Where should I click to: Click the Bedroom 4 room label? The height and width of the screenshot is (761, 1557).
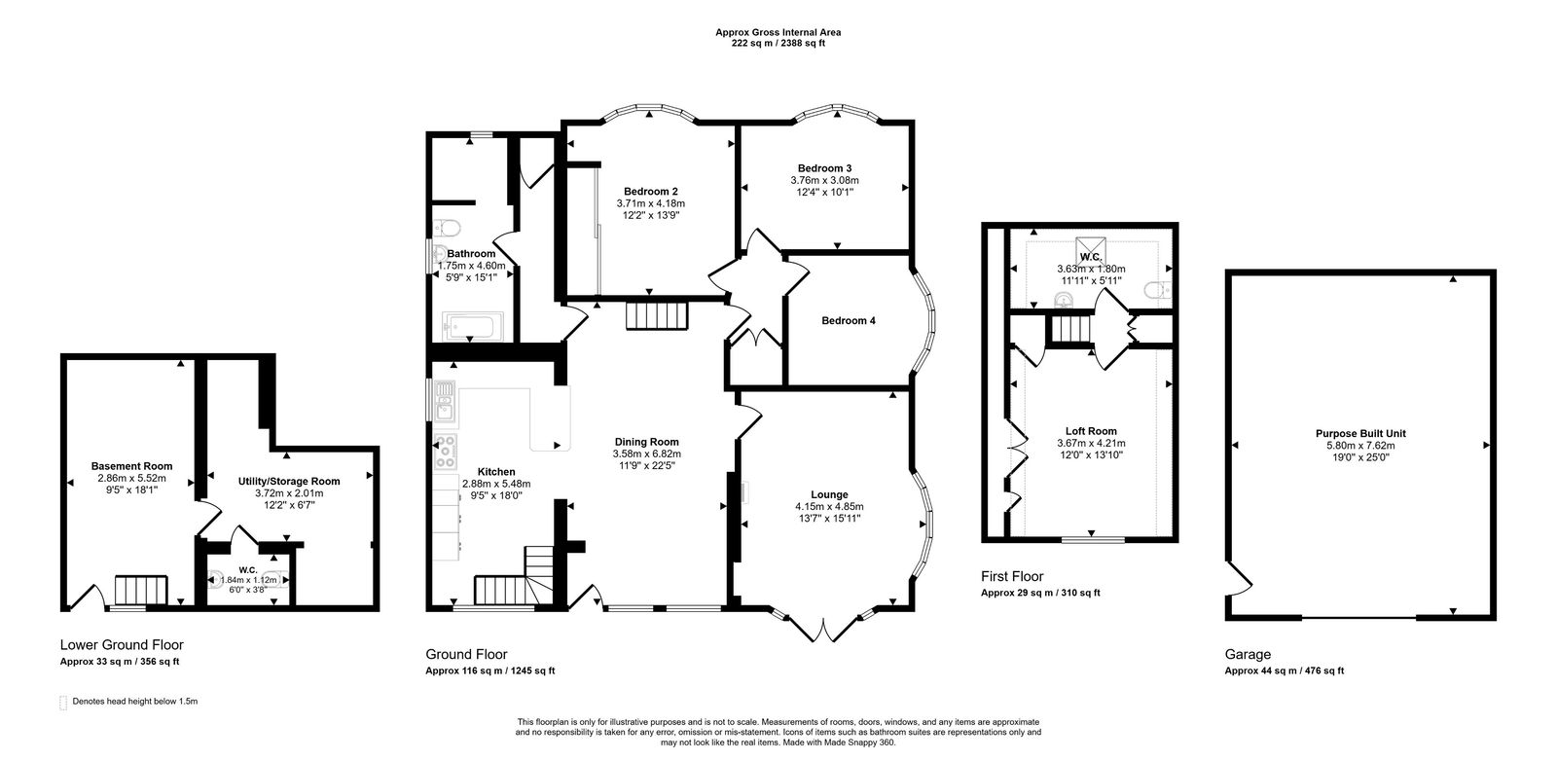pos(849,320)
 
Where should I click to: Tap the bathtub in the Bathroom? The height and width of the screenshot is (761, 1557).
pos(473,325)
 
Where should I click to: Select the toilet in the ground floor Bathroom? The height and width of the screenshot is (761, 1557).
pos(448,229)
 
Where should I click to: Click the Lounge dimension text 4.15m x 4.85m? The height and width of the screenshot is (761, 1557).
pos(829,506)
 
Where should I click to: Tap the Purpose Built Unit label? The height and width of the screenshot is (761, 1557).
pos(1360,433)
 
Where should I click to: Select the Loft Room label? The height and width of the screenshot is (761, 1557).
pos(1091,430)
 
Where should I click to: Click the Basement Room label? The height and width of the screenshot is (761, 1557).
pos(131,466)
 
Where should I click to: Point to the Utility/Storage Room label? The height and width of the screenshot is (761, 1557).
pos(289,481)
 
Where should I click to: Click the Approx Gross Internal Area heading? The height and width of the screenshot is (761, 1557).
pos(778,32)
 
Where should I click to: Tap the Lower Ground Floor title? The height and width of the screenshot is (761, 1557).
pos(122,644)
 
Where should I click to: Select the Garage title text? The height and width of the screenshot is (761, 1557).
pos(1247,655)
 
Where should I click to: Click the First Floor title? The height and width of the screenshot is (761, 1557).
pos(1012,576)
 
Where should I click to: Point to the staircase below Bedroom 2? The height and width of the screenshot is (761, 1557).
pos(656,316)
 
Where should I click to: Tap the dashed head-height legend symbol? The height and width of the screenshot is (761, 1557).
pos(64,702)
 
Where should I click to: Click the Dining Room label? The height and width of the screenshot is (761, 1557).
pos(646,442)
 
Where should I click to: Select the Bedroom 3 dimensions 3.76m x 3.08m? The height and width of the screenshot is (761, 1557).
pos(824,180)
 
